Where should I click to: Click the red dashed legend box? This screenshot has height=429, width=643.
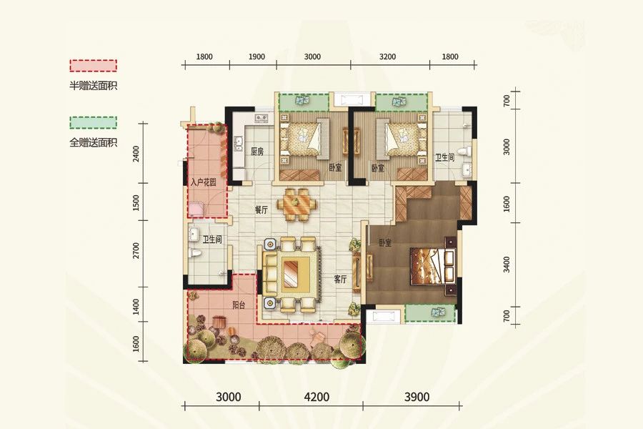(x=93, y=65)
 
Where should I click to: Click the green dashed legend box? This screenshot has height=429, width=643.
(x=93, y=122)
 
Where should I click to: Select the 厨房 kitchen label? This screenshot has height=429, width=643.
(x=257, y=152)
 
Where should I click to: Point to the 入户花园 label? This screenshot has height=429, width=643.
(x=204, y=183)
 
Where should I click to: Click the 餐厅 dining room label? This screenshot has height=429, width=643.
(x=261, y=211)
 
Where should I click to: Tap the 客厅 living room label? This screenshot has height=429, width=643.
(x=340, y=280)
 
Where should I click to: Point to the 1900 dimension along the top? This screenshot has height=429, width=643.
(x=257, y=56)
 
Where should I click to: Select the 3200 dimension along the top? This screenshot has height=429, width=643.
(x=388, y=56)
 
